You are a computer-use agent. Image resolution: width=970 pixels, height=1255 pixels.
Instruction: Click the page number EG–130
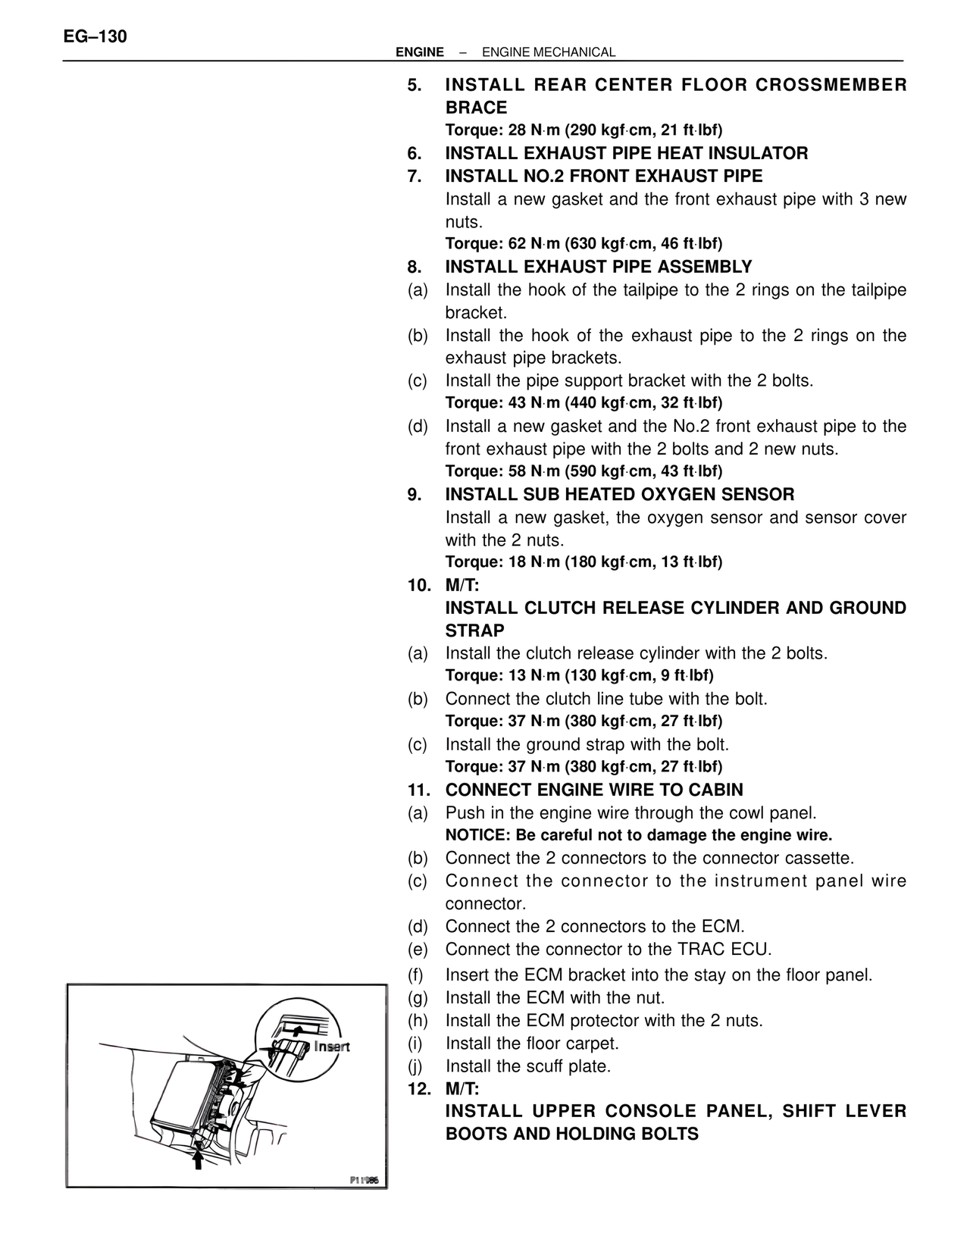[95, 36]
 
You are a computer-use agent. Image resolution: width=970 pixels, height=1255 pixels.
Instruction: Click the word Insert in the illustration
[331, 1047]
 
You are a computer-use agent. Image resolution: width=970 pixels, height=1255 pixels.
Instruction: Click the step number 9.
[414, 495]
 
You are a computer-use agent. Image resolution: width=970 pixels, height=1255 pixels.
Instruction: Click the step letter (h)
[418, 1021]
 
